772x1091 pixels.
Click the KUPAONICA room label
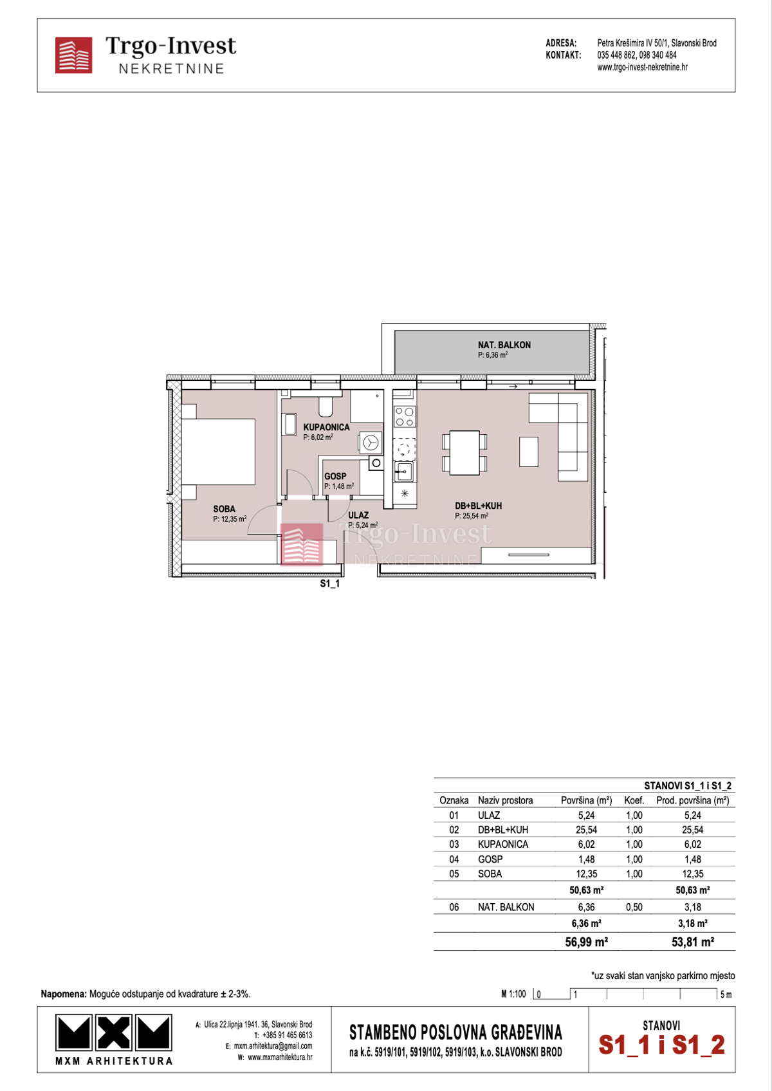click(x=326, y=427)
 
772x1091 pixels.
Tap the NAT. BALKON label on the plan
click(x=504, y=345)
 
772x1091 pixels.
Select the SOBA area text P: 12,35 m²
click(x=230, y=519)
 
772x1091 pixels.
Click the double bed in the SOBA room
click(x=219, y=452)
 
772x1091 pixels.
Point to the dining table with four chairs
click(x=464, y=452)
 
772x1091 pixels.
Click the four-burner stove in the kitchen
click(x=405, y=417)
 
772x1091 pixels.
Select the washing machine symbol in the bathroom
click(x=371, y=443)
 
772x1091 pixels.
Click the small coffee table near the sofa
click(x=529, y=452)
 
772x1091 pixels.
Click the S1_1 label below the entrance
click(x=330, y=583)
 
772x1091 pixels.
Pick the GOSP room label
click(x=335, y=476)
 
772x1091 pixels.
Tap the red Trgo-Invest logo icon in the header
click(x=73, y=55)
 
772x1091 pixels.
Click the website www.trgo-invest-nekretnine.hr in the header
click(x=642, y=67)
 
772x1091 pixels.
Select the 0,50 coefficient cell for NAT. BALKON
click(x=634, y=907)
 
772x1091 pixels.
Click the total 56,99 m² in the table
click(x=586, y=942)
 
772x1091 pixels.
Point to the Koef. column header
click(x=634, y=800)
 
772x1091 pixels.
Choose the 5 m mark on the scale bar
click(x=725, y=995)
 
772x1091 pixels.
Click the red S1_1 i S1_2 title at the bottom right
click(x=661, y=1045)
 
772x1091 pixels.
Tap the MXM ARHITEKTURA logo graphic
click(x=114, y=1033)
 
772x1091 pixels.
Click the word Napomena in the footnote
click(x=63, y=994)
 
